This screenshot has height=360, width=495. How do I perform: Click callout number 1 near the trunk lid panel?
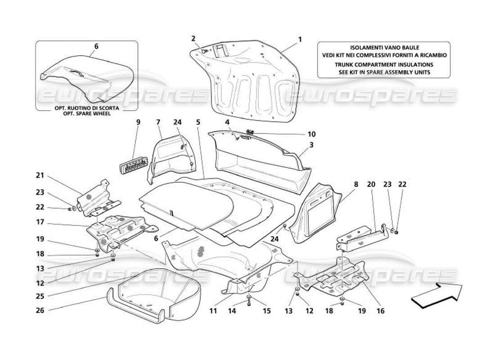click(300, 39)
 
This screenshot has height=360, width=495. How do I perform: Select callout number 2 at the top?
click(193, 38)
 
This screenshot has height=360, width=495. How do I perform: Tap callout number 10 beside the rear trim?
click(311, 134)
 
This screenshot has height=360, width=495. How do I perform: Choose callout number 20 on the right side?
click(371, 184)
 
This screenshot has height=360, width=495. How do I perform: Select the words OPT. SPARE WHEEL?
click(86, 113)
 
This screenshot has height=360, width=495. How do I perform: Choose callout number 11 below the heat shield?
click(213, 310)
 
